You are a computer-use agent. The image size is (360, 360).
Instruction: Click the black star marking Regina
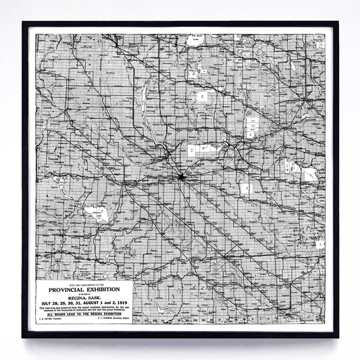[x=181, y=177]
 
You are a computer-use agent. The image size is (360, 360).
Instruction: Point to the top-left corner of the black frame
[x=24, y=23]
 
